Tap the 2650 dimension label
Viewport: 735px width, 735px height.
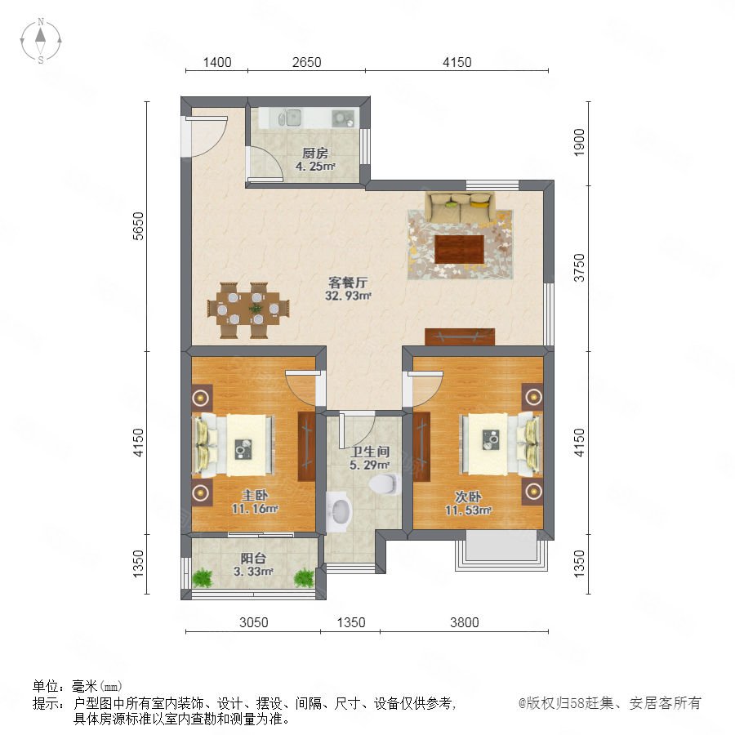click(306, 62)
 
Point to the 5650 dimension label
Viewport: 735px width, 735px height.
click(138, 226)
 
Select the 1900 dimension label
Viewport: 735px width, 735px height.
click(579, 142)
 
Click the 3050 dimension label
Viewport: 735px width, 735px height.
click(254, 622)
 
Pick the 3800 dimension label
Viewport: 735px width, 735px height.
click(464, 622)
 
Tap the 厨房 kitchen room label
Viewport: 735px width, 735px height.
click(315, 154)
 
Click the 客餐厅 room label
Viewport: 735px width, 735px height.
click(347, 283)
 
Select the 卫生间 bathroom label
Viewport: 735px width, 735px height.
click(370, 452)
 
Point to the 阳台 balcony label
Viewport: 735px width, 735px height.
click(254, 559)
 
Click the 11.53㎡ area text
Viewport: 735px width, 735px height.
click(468, 510)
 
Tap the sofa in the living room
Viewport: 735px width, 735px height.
click(460, 207)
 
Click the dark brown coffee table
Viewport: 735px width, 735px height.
click(459, 249)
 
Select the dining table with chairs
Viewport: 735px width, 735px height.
click(248, 310)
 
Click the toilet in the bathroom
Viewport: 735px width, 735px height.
click(385, 484)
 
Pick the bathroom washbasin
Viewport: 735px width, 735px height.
click(338, 511)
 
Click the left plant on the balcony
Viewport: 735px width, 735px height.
click(203, 577)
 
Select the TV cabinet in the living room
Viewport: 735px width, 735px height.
click(460, 336)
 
